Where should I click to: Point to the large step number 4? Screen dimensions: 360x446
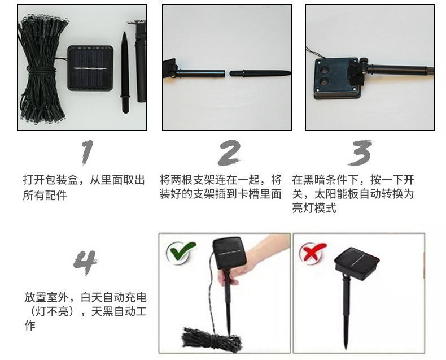86,261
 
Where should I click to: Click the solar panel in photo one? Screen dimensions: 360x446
91,68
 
